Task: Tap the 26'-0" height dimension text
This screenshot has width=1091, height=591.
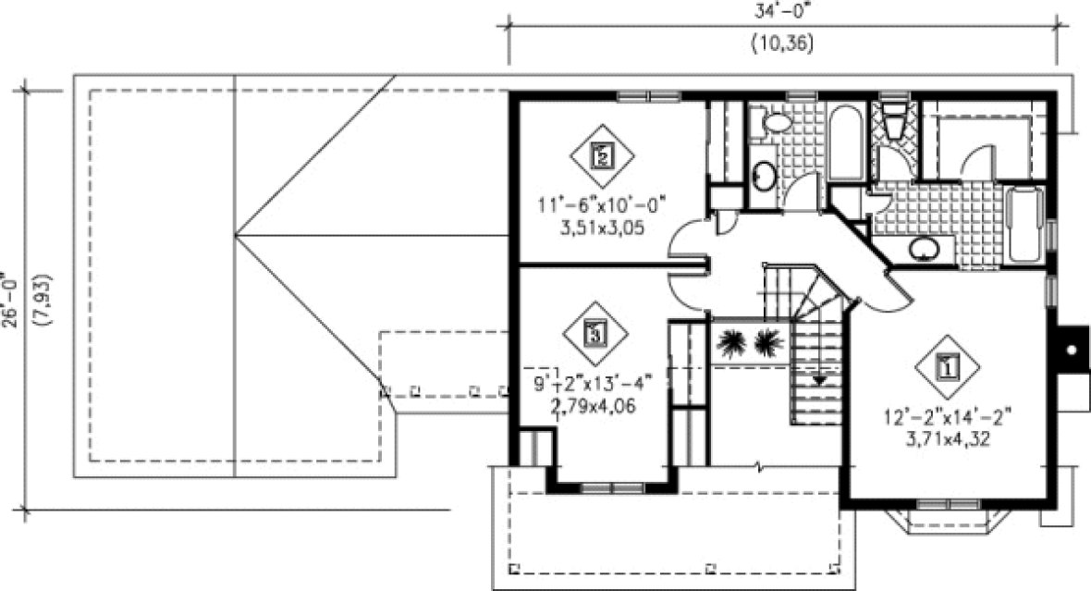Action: coord(11,299)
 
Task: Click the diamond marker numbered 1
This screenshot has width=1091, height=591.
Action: coord(946,366)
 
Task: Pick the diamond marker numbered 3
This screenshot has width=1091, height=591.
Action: coord(595,332)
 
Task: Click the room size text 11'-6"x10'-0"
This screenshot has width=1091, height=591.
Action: coord(602,204)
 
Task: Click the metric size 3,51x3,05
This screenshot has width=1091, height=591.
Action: coord(602,226)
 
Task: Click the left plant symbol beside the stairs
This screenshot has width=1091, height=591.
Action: coord(731,342)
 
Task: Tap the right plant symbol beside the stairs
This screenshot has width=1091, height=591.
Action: coord(768,342)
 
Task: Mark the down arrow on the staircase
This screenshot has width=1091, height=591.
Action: coord(817,379)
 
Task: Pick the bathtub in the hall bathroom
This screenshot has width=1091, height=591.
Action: coord(846,145)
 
